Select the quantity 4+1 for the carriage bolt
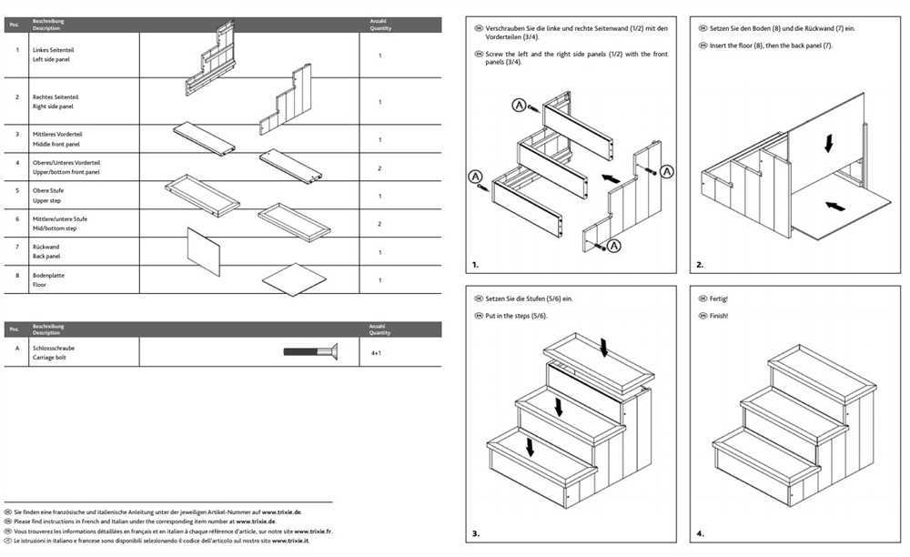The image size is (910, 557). pyautogui.click(x=376, y=351)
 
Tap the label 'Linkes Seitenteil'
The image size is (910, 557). pyautogui.click(x=52, y=49)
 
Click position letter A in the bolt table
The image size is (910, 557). pyautogui.click(x=17, y=348)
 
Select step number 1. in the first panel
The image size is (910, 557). pyautogui.click(x=475, y=266)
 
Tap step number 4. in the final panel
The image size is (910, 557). pyautogui.click(x=700, y=533)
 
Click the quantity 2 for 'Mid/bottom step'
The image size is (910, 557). pyautogui.click(x=379, y=224)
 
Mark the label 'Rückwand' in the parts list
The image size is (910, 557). pyautogui.click(x=45, y=247)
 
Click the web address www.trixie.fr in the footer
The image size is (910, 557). pyautogui.click(x=315, y=531)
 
